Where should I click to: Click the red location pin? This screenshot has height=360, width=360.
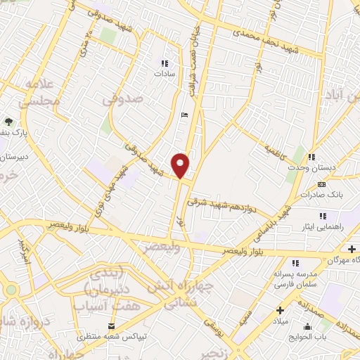click(x=181, y=165)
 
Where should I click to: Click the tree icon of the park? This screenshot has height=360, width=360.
click(x=9, y=121)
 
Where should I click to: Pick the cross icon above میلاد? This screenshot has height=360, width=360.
click(x=281, y=310)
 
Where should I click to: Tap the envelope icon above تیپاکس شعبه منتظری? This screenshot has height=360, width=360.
click(x=111, y=326)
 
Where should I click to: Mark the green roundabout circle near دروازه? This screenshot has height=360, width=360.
click(x=11, y=290)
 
